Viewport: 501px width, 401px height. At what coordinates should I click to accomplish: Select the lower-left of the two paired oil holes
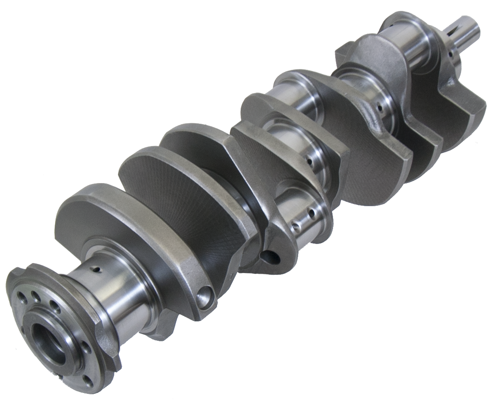[x=296, y=228]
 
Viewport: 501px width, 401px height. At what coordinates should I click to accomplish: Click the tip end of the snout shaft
[x=475, y=29]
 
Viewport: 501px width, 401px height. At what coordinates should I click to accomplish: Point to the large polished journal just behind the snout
[x=416, y=50]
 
